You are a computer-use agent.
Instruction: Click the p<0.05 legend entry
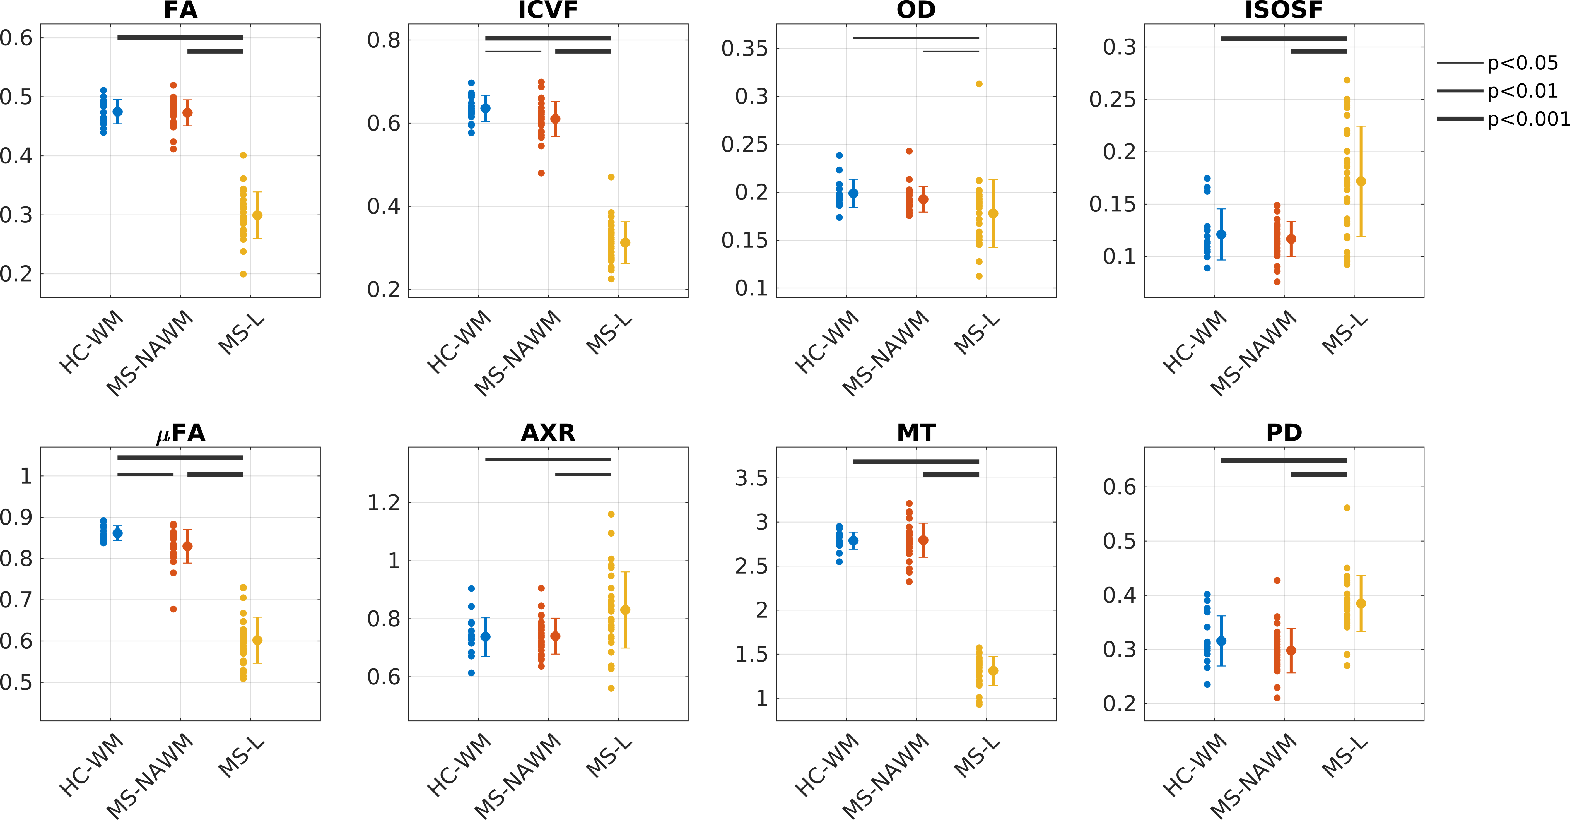pos(1522,63)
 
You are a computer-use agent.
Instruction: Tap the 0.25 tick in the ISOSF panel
pos(1112,99)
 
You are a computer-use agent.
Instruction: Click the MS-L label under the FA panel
pos(241,335)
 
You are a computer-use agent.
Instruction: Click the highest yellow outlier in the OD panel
pos(979,84)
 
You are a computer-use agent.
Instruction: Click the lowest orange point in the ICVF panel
pos(541,173)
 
